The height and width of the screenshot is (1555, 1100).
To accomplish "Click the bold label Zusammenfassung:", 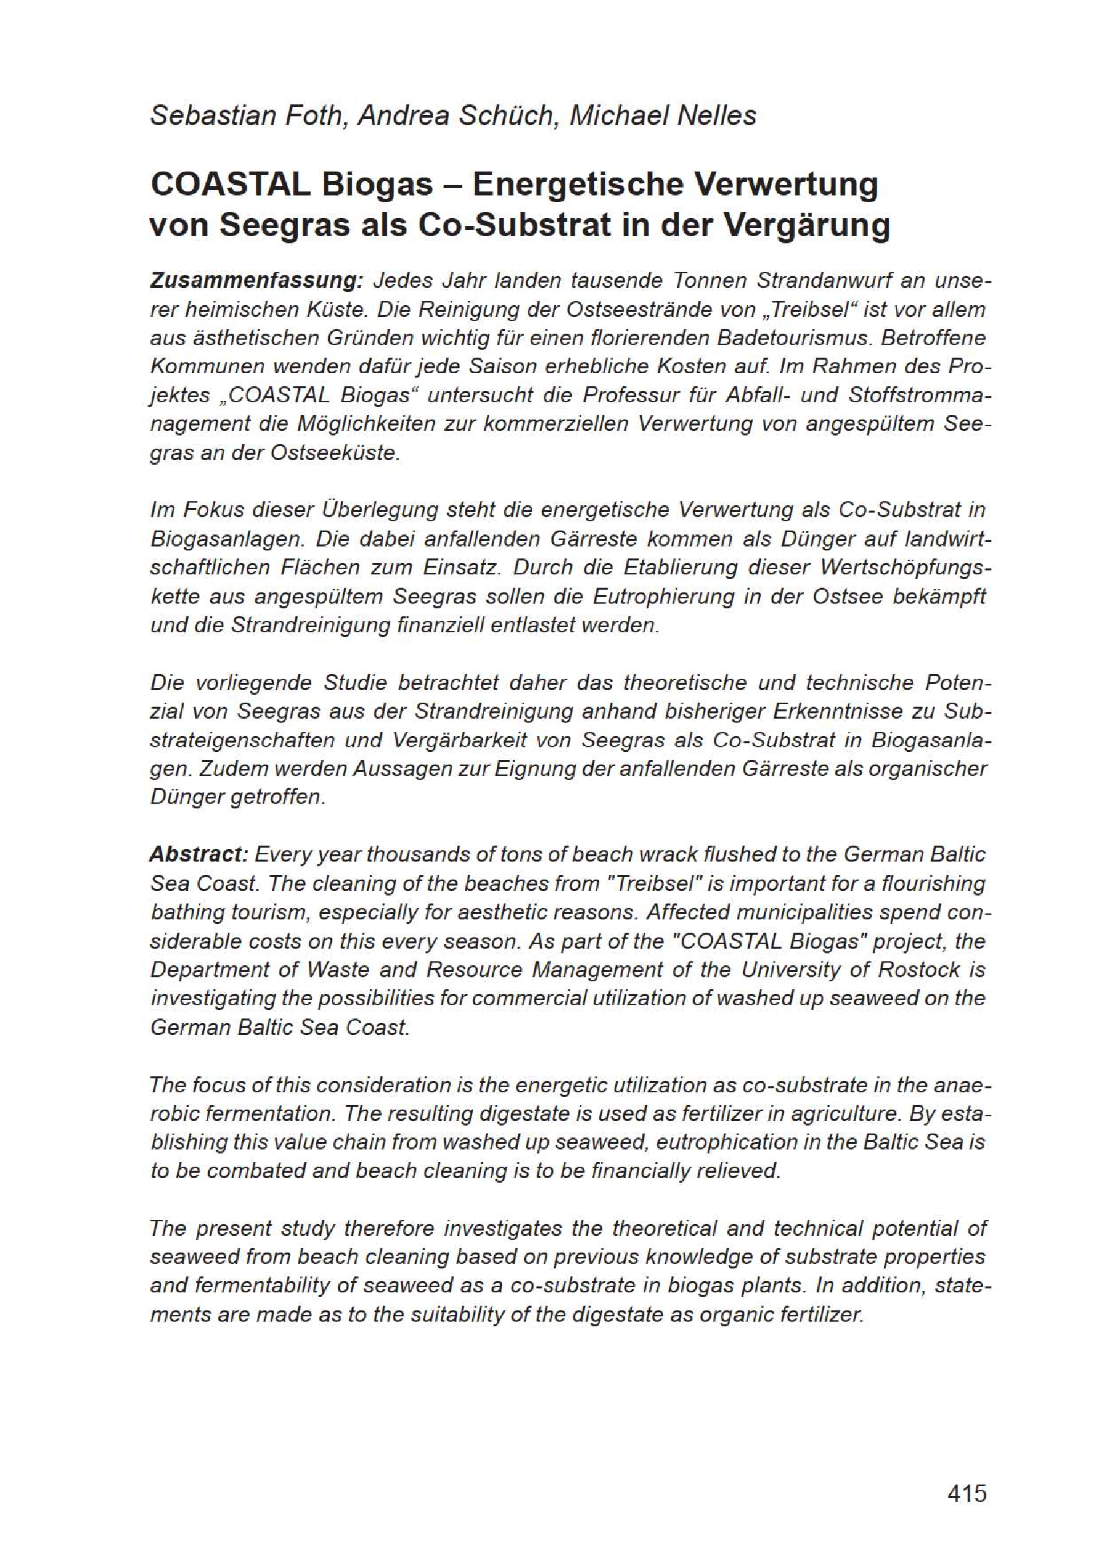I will (x=257, y=281).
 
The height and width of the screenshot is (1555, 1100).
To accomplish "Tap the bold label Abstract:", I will (x=200, y=854).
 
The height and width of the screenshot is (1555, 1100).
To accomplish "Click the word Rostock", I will (x=918, y=969).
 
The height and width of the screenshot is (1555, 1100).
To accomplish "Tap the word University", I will (x=790, y=969).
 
